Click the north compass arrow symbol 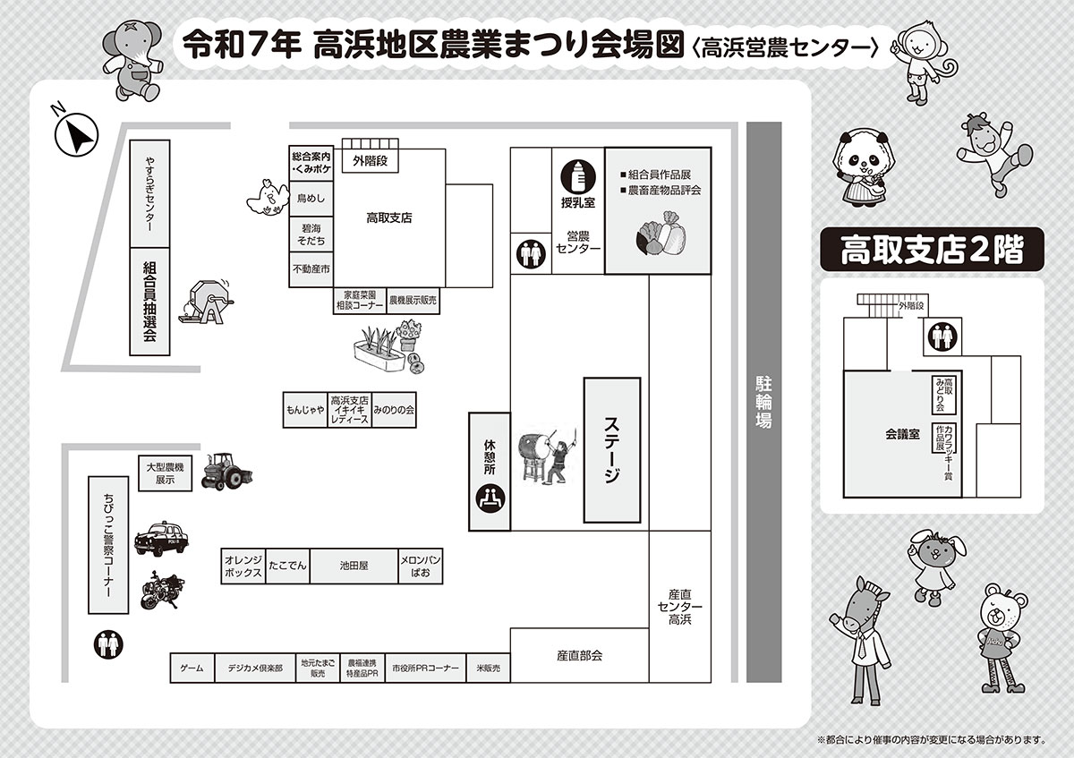pyautogui.click(x=76, y=134)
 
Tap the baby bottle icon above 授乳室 pyautogui.click(x=578, y=177)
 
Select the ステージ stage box pyautogui.click(x=612, y=450)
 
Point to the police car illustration pyautogui.click(x=161, y=538)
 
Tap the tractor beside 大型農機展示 pyautogui.click(x=226, y=472)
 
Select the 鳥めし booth pyautogui.click(x=311, y=199)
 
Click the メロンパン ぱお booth pyautogui.click(x=421, y=566)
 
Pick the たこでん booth pyautogui.click(x=287, y=566)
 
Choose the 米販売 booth pyautogui.click(x=488, y=668)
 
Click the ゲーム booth pyautogui.click(x=192, y=668)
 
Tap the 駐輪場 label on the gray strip pyautogui.click(x=763, y=402)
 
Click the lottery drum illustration pyautogui.click(x=207, y=302)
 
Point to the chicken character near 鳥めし pyautogui.click(x=268, y=198)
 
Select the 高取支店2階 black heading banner pyautogui.click(x=932, y=250)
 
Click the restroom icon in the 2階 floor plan pyautogui.click(x=942, y=336)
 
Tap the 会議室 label pyautogui.click(x=902, y=434)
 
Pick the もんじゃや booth pyautogui.click(x=305, y=410)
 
